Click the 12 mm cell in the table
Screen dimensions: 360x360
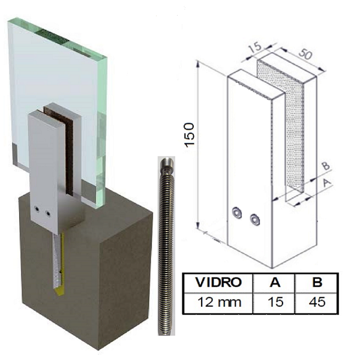[220, 302]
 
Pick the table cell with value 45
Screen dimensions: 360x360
[316, 302]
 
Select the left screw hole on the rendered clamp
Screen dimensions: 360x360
[38, 210]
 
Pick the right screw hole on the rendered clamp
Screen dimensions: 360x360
[47, 212]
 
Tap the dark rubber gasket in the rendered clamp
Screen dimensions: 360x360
[68, 156]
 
